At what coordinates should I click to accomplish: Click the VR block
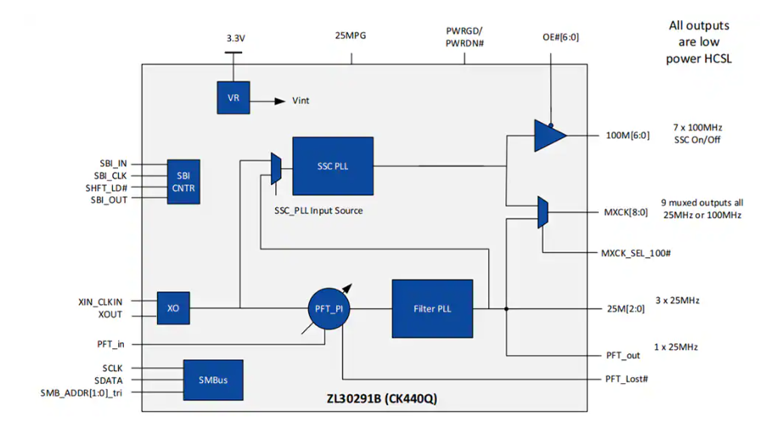pos(234,99)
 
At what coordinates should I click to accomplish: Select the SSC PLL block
pos(333,166)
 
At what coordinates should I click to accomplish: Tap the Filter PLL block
pos(432,308)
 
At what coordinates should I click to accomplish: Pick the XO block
pos(173,308)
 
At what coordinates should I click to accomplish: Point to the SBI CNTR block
pos(184,182)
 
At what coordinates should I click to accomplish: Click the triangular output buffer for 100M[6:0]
pos(549,136)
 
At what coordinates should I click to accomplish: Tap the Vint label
pos(301,100)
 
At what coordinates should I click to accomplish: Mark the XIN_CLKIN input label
pos(100,302)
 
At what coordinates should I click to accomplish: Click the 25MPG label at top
pos(352,36)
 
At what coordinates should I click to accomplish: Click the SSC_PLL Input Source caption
pos(318,210)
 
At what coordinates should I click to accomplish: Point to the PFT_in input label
pos(112,343)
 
